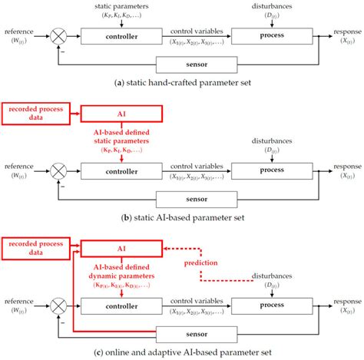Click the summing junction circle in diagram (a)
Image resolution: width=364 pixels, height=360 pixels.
click(x=58, y=35)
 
